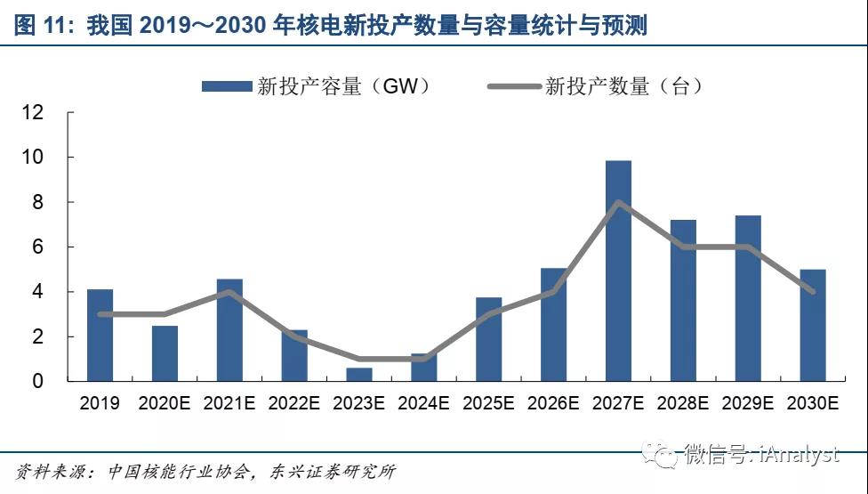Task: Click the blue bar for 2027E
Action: click(618, 271)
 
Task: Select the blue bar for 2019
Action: click(100, 336)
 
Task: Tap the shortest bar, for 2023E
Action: click(359, 375)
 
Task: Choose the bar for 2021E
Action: click(229, 330)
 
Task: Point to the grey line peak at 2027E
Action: click(618, 202)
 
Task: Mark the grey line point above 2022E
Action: click(294, 336)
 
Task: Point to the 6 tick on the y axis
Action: click(38, 247)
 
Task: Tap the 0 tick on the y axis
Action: click(38, 382)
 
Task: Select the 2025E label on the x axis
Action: click(488, 403)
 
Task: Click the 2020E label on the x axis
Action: click(165, 403)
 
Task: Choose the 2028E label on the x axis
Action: click(683, 403)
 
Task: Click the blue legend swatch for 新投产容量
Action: click(226, 86)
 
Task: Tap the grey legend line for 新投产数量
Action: click(513, 86)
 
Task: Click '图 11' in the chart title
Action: click(39, 27)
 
